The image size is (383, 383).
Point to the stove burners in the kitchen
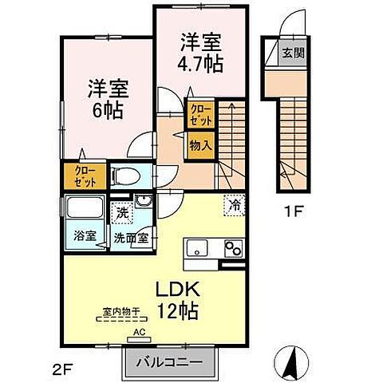pos(232,248)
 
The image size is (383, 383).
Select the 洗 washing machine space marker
pos(123,213)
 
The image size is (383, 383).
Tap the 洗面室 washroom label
pos(129,237)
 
